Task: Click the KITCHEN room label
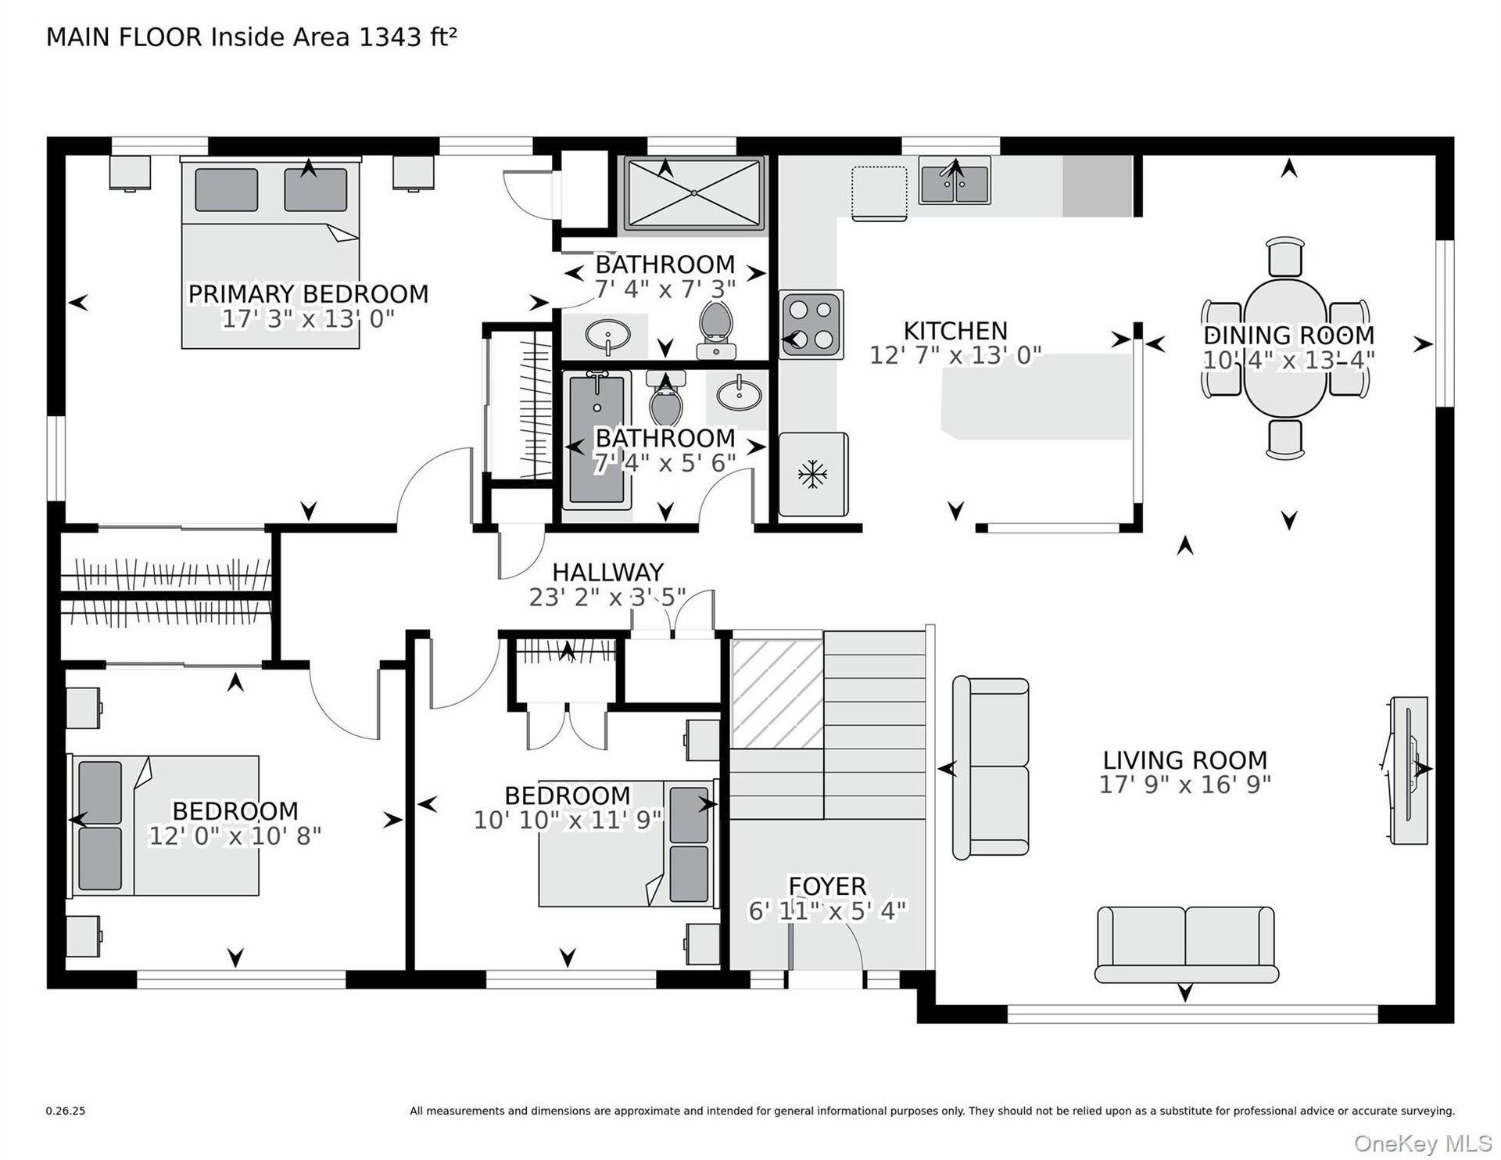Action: point(955,331)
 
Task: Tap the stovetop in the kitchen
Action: point(811,324)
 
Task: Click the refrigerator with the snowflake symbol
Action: point(813,474)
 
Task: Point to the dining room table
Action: point(1285,347)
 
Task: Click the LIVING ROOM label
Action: point(1185,760)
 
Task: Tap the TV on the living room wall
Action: point(1409,770)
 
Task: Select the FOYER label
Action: point(827,886)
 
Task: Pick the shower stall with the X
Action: point(693,194)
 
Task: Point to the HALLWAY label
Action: point(607,572)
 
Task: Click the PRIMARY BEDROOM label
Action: point(308,294)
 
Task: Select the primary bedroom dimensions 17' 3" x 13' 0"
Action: point(308,319)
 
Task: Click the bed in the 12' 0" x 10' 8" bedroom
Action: point(166,826)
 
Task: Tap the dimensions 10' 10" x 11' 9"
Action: point(568,821)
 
